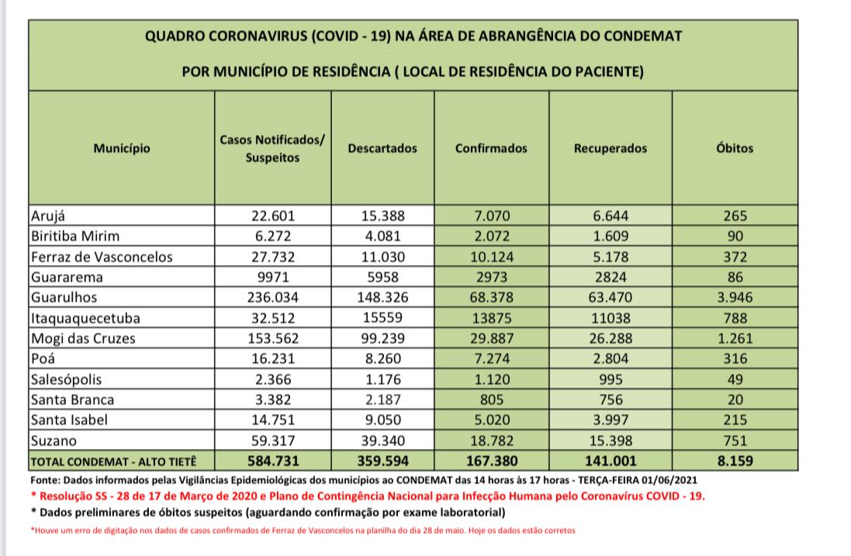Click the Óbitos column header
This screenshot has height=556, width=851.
click(735, 148)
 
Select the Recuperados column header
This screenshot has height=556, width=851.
click(611, 148)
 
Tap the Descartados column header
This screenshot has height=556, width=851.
click(382, 148)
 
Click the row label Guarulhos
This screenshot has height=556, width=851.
click(63, 297)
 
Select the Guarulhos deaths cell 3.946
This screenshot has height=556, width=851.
click(735, 297)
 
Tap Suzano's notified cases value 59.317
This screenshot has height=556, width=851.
click(272, 440)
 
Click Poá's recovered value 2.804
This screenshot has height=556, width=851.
click(611, 359)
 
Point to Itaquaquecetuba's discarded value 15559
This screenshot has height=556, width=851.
click(382, 318)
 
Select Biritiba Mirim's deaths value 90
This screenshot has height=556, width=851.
click(735, 237)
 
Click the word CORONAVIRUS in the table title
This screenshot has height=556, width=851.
click(248, 36)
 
